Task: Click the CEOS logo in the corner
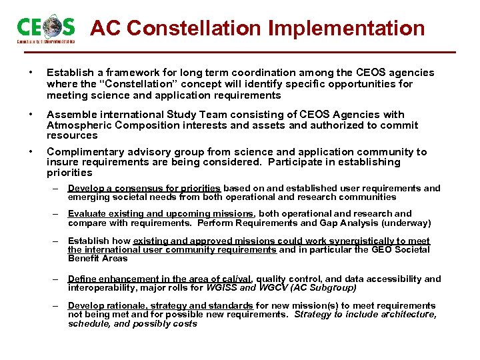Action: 45,29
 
